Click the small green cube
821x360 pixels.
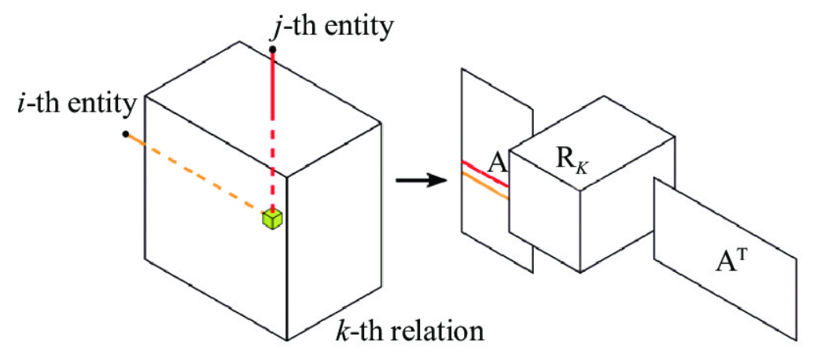272,220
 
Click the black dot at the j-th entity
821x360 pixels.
271,50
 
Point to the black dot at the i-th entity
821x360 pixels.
126,134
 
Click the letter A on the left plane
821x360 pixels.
495,163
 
